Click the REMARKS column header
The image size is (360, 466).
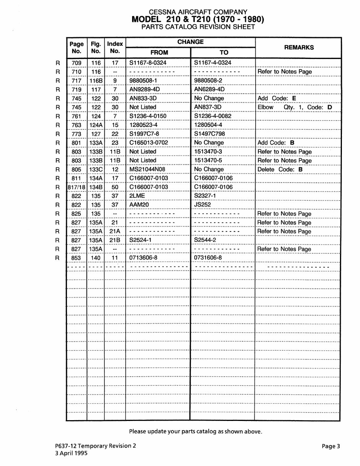[299, 47]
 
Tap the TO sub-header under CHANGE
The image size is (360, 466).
[224, 52]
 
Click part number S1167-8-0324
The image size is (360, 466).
[148, 63]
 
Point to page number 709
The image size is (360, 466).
[77, 63]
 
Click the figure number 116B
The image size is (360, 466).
[96, 80]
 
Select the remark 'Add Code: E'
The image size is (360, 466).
[276, 98]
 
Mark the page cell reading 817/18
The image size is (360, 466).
[76, 187]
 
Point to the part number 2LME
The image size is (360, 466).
[137, 196]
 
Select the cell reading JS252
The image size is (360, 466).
[202, 205]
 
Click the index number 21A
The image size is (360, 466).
[115, 231]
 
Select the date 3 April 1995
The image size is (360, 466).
[71, 453]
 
